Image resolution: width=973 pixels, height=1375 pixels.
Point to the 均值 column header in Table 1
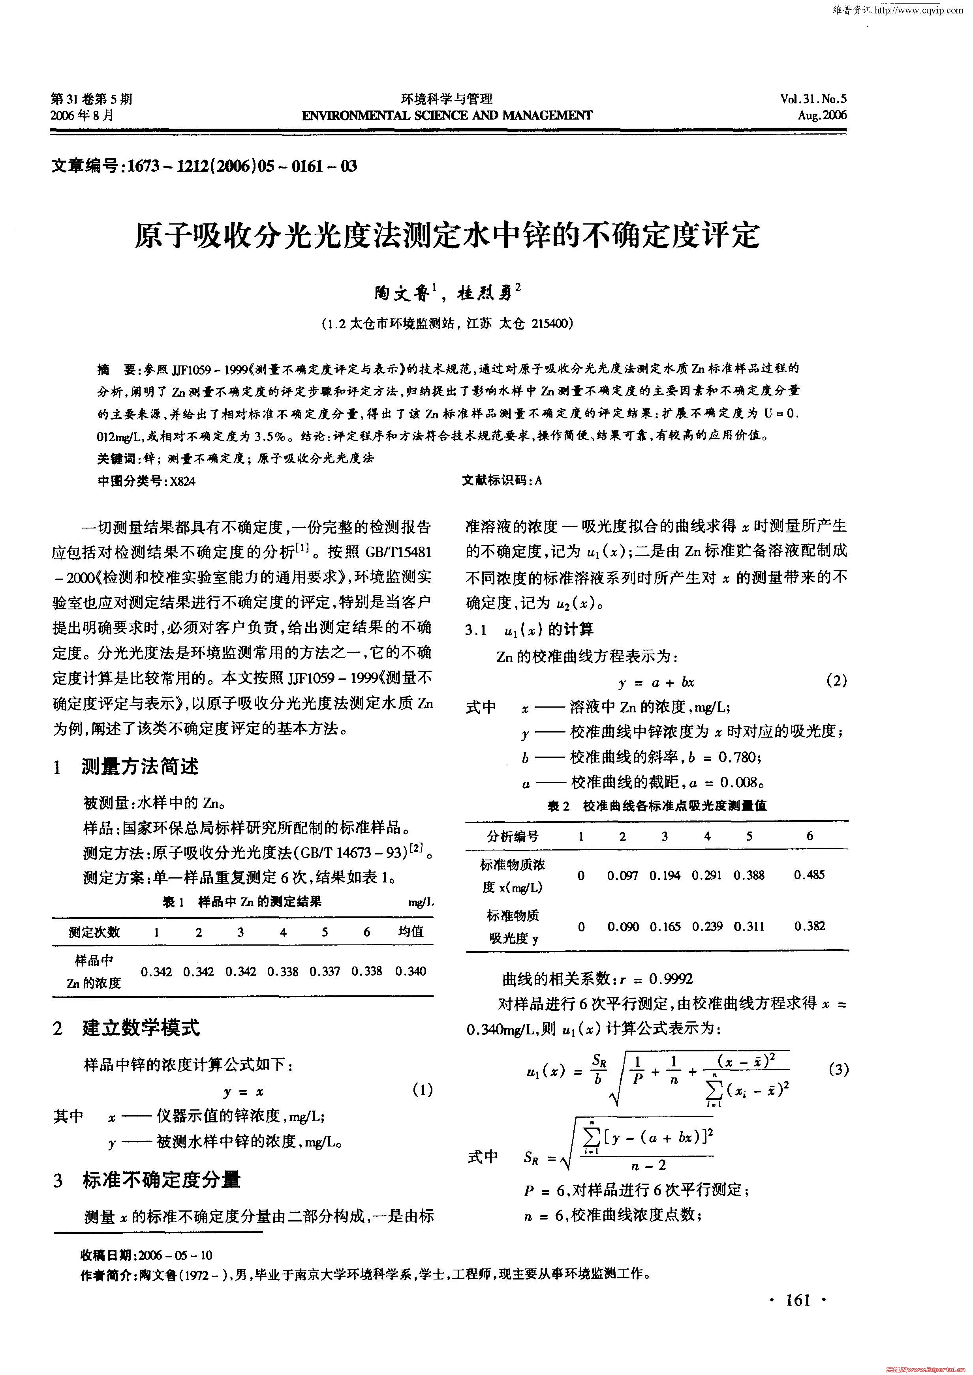411,932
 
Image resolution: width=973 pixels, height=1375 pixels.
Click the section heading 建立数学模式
141,1028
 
